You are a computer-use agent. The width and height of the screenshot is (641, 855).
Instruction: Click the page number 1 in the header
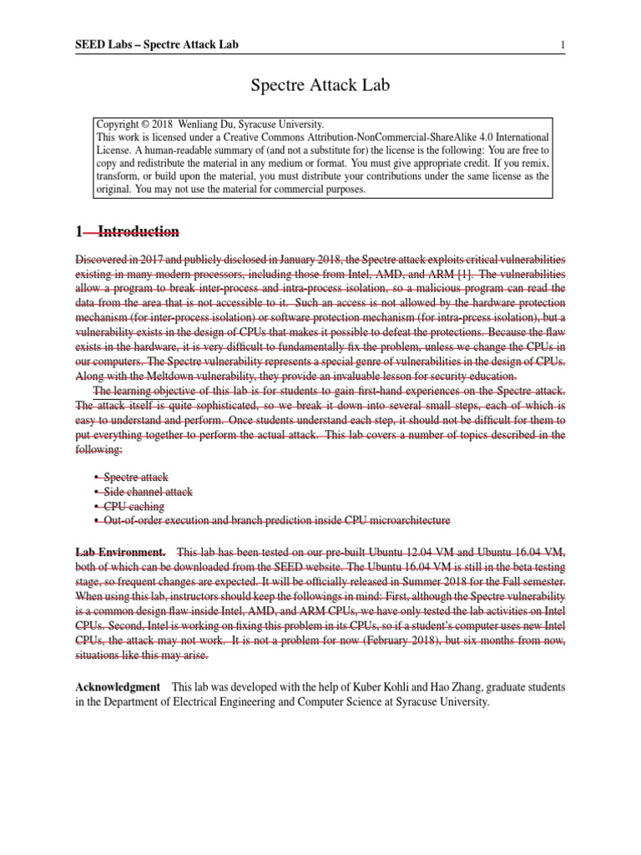pyautogui.click(x=563, y=44)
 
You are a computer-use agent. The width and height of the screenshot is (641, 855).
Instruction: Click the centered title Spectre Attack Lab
pyautogui.click(x=320, y=85)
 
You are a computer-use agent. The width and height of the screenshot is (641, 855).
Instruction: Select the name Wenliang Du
pyautogui.click(x=219, y=124)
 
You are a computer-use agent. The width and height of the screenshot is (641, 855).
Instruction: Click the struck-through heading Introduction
pyautogui.click(x=138, y=231)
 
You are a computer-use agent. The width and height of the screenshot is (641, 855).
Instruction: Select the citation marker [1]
pyautogui.click(x=479, y=274)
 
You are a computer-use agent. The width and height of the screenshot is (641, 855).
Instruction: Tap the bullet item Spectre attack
pyautogui.click(x=136, y=477)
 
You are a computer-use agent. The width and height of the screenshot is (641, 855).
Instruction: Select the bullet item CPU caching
pyautogui.click(x=134, y=506)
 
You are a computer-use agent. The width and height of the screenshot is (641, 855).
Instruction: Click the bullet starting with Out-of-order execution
pyautogui.click(x=276, y=520)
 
